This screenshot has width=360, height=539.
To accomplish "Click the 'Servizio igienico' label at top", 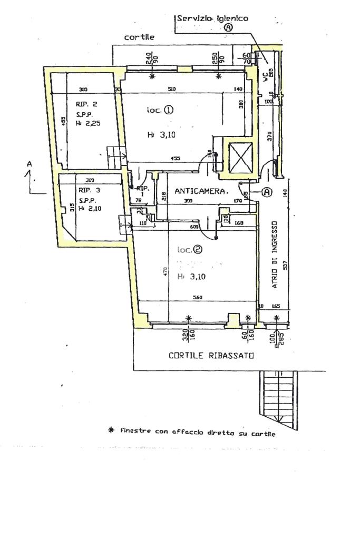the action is (212, 18).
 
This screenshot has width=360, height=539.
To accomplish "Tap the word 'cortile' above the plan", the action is (139, 37).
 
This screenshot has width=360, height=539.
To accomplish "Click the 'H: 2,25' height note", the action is (87, 123).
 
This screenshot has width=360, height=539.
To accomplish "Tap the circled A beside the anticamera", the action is (267, 192).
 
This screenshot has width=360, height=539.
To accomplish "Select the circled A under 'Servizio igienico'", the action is (228, 28).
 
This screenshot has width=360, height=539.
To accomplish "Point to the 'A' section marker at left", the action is (30, 165).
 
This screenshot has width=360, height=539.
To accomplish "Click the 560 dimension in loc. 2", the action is (198, 297).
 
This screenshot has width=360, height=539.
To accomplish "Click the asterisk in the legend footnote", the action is (111, 430).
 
